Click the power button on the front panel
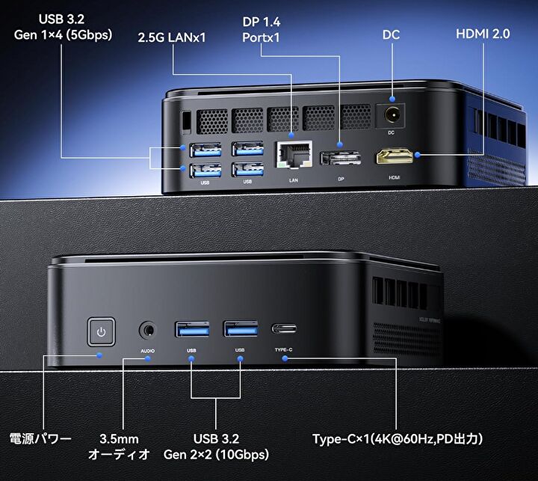tap(101, 331)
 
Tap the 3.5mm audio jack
tap(148, 331)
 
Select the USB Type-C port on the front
tap(284, 329)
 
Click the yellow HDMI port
tap(395, 156)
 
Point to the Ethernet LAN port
tap(294, 155)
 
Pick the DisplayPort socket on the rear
tap(341, 159)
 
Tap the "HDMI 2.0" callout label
tap(483, 34)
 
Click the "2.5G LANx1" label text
tap(172, 37)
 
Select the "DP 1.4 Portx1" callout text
tap(261, 29)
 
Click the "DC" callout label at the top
tap(391, 34)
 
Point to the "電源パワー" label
tap(40, 439)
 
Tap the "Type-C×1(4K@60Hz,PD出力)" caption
tap(398, 439)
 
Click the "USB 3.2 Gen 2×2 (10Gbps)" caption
tap(216, 447)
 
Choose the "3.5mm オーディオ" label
tap(119, 447)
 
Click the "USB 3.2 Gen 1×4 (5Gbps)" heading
tap(63, 27)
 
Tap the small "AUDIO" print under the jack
tap(147, 351)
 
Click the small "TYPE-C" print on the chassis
tap(283, 350)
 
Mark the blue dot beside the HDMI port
tap(417, 155)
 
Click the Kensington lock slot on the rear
tap(186, 120)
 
